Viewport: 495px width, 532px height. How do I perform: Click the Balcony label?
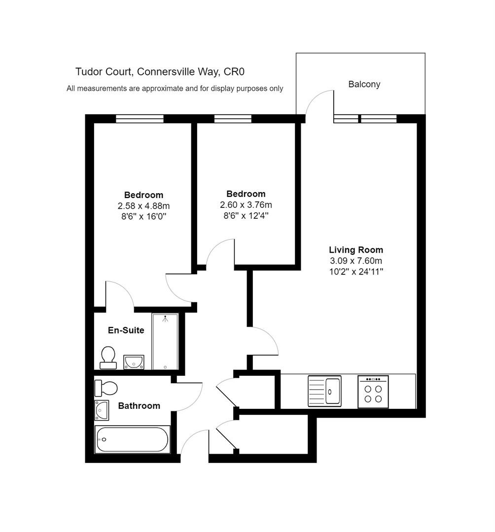[364, 84]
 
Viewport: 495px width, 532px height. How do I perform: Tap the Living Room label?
[356, 250]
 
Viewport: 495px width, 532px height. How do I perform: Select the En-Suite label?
[126, 330]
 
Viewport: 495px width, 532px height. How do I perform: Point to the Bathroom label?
[139, 406]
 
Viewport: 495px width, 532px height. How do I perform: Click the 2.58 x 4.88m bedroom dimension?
[143, 205]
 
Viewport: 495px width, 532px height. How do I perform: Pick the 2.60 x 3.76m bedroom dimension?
[246, 204]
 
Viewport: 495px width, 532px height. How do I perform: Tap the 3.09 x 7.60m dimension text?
[356, 261]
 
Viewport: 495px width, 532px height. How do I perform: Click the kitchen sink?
[324, 391]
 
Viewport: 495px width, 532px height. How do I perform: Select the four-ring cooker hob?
[373, 392]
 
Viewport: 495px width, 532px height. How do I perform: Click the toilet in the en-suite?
[108, 358]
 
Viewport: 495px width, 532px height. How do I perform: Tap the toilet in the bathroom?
[106, 388]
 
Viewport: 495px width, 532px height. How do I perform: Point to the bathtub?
[133, 439]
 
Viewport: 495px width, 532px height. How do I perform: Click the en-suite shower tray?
[165, 342]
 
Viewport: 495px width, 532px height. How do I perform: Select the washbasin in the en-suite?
[134, 362]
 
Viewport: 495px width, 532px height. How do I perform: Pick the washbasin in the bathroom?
[102, 410]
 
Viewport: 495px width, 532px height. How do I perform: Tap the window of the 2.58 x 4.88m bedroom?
[140, 119]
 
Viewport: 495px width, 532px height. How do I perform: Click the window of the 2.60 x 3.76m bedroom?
[233, 119]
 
